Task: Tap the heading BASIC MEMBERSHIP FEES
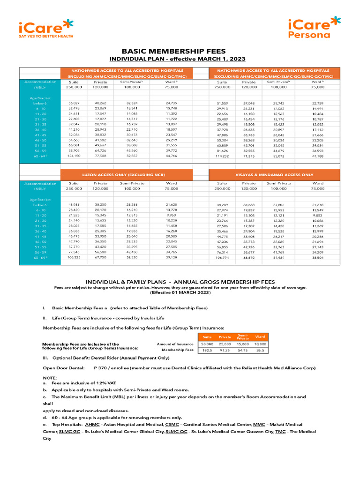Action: coord(174,51)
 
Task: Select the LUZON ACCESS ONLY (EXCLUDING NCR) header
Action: coord(127,174)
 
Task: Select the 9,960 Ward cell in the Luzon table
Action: coord(171,215)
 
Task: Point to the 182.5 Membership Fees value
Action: coord(207,350)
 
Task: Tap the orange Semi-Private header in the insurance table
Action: coord(243,337)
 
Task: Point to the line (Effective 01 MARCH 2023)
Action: coord(180,292)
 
